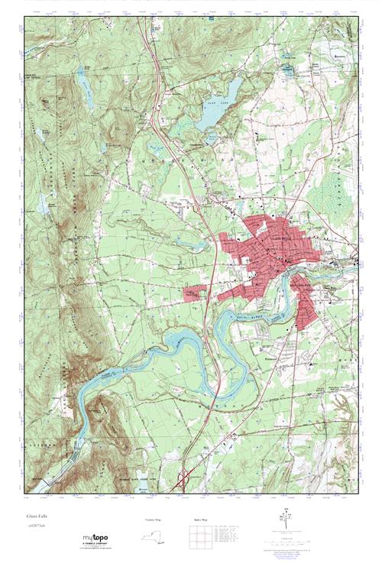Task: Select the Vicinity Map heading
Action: pyautogui.click(x=154, y=520)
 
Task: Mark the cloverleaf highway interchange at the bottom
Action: pyautogui.click(x=184, y=480)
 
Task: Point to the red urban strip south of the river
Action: pyautogui.click(x=306, y=302)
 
